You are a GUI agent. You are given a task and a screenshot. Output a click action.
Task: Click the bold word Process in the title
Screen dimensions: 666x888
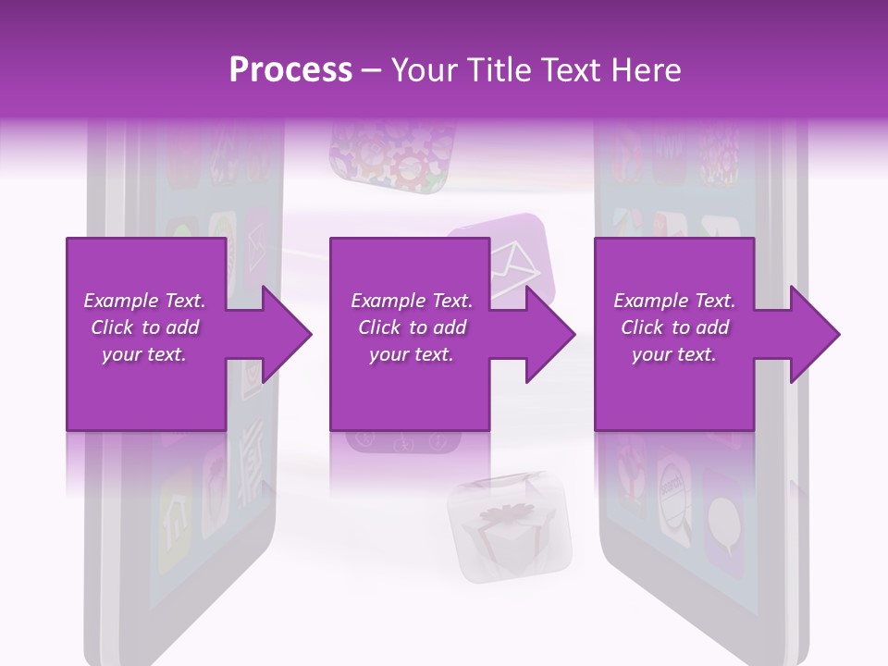290,70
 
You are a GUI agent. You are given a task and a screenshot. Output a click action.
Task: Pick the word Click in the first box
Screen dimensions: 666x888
113,327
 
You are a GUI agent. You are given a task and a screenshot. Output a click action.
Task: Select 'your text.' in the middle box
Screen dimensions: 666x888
411,354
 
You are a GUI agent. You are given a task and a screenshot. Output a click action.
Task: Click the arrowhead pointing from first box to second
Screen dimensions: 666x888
282,334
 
